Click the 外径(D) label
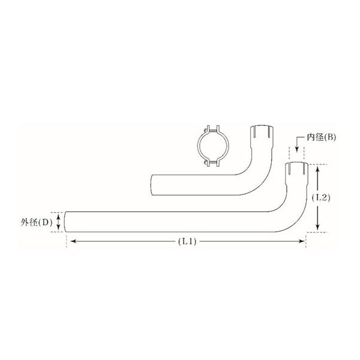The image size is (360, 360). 37,222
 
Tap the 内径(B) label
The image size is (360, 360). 321,137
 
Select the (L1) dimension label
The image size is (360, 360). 187,241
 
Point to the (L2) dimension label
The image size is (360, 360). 321,197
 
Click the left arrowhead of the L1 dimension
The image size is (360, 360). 73,241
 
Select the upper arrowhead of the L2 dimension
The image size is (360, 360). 317,170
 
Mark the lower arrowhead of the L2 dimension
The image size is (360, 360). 317,226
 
